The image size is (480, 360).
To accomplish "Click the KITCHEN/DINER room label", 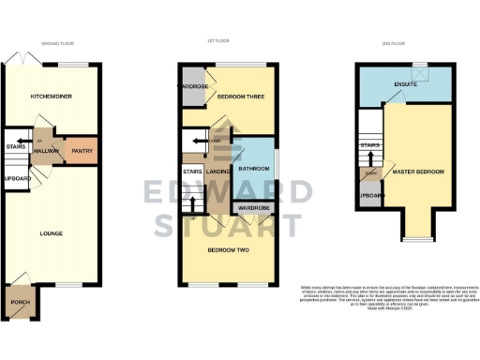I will [52, 96].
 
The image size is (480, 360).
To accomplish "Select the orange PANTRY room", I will [81, 148].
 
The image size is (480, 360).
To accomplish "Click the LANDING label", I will [218, 172].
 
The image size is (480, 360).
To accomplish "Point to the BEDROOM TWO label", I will [229, 249].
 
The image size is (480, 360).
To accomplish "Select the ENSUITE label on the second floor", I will [405, 84].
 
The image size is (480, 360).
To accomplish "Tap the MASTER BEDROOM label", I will [418, 172].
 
